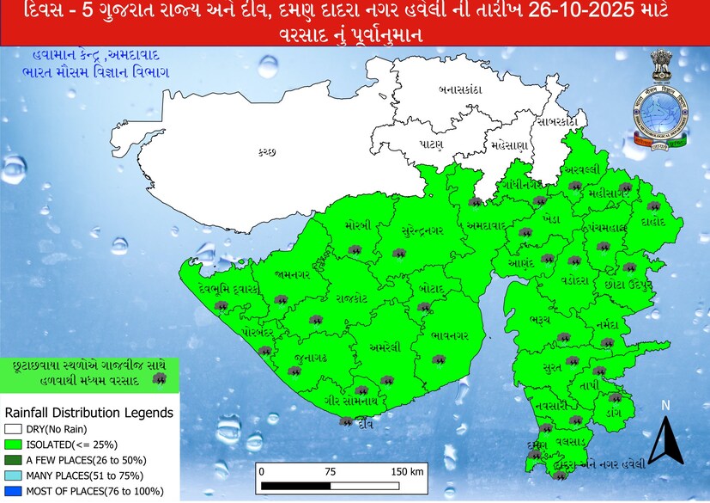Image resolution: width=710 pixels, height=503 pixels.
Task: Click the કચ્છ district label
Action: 267,152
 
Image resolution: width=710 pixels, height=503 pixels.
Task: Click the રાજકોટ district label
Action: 352,298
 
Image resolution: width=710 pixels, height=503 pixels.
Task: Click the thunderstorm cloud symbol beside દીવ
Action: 346,421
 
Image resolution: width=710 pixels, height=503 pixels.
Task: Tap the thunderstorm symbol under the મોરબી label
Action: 354,250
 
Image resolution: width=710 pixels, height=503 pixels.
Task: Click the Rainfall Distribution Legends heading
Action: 89,413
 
